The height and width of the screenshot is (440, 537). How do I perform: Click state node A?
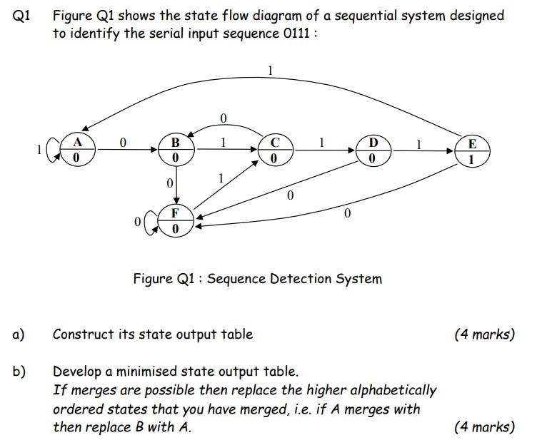[75, 150]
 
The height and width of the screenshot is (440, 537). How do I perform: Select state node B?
[175, 149]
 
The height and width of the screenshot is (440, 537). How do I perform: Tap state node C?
[274, 150]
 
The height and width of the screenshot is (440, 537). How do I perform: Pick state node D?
[373, 150]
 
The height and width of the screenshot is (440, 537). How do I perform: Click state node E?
[471, 150]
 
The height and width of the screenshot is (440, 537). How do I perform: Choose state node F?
[175, 220]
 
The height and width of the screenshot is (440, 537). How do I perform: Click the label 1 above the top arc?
[270, 70]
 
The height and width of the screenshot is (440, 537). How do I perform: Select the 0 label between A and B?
[123, 143]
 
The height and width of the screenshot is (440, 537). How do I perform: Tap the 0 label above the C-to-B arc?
[223, 116]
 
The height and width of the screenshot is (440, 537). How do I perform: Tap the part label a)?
[19, 334]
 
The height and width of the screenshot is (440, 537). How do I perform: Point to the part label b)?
[19, 371]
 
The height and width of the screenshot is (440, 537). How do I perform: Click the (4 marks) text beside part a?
[483, 334]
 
